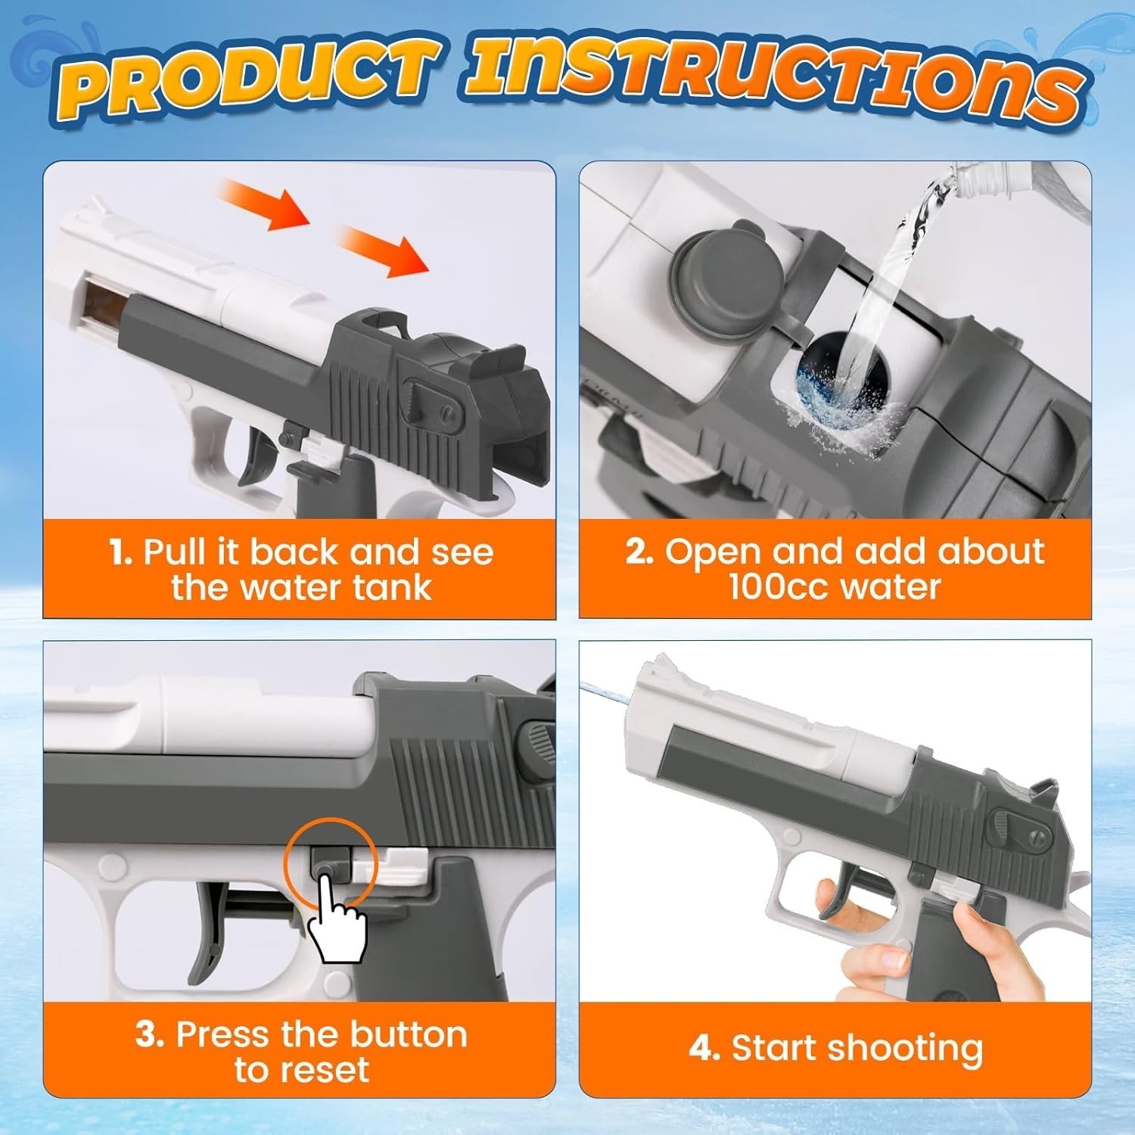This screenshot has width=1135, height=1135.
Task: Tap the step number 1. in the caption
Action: (x=121, y=552)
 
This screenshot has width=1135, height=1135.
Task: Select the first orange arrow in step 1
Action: (x=265, y=204)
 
